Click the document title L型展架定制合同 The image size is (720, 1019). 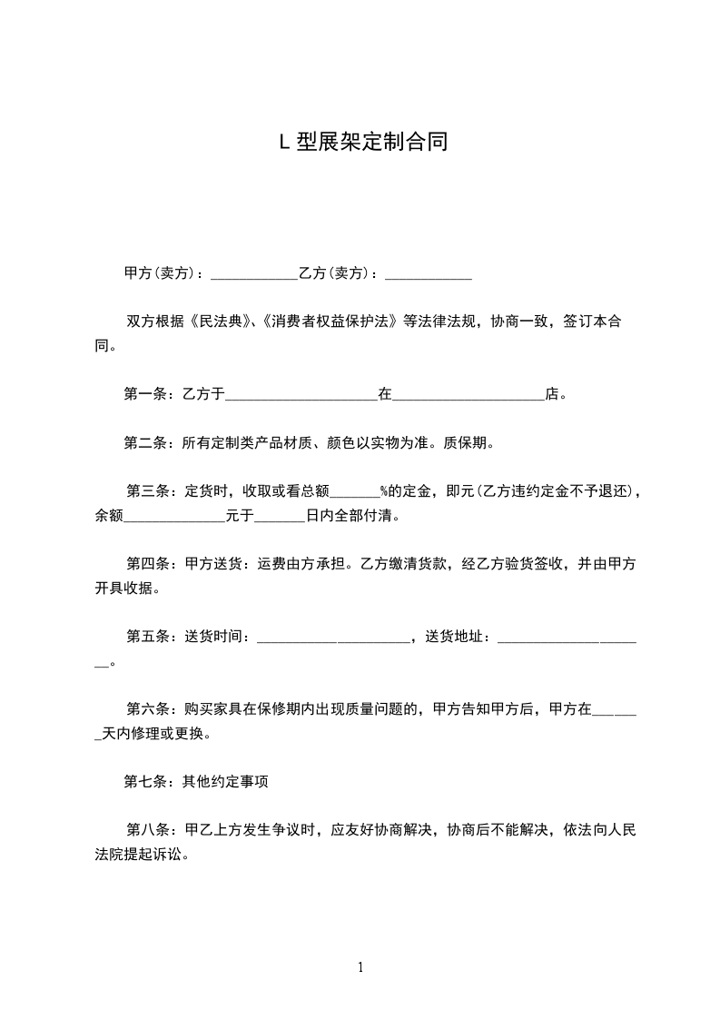[x=361, y=143]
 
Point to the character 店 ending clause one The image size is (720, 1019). [x=551, y=394]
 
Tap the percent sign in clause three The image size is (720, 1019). [x=384, y=492]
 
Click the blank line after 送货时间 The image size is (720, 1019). [x=334, y=638]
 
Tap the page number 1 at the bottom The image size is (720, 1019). [x=360, y=967]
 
